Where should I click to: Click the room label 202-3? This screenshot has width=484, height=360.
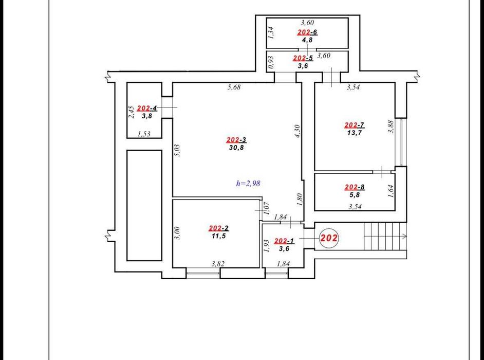click(x=236, y=140)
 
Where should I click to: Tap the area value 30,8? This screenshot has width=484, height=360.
click(x=236, y=148)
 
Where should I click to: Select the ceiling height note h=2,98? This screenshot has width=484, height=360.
click(x=248, y=183)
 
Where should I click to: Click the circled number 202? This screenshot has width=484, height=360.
click(x=329, y=238)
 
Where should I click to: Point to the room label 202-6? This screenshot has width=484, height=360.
click(x=307, y=32)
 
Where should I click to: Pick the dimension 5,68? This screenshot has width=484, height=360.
click(x=234, y=87)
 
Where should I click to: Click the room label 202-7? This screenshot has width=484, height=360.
click(x=355, y=125)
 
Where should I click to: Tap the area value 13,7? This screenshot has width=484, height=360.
click(x=355, y=133)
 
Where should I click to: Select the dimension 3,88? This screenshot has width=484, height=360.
click(x=391, y=127)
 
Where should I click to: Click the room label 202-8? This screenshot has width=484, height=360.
click(x=355, y=187)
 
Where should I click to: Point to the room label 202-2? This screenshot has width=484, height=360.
click(x=219, y=228)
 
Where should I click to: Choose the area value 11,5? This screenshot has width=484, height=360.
click(x=219, y=236)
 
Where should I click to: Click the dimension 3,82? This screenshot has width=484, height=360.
click(x=218, y=264)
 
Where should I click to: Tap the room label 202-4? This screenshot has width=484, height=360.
click(x=147, y=108)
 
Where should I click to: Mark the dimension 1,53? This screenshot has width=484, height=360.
click(x=144, y=134)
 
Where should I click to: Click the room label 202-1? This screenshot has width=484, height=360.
click(x=284, y=241)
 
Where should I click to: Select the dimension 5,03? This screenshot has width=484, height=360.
click(x=177, y=151)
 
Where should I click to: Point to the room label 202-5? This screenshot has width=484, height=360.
click(x=303, y=58)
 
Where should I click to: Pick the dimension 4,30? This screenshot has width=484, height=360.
click(x=298, y=131)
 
